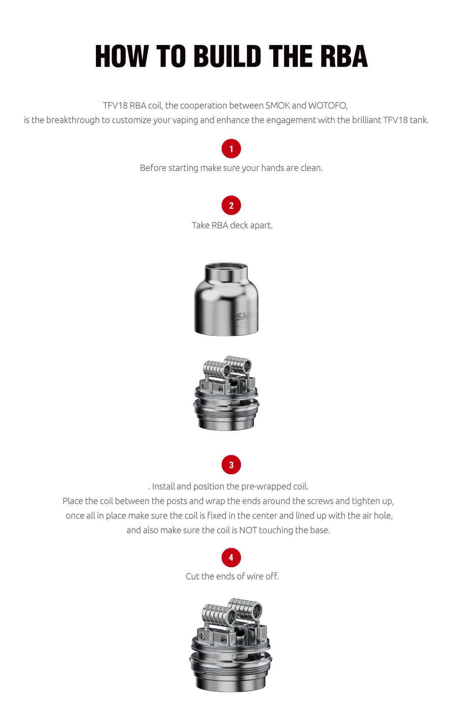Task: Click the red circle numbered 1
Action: pos(231,149)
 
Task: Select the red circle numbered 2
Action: pos(231,205)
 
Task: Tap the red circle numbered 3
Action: pos(231,465)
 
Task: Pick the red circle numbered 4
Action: pos(231,558)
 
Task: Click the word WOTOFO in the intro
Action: pos(327,105)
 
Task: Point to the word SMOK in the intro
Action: pos(277,105)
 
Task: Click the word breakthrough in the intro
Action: pos(73,120)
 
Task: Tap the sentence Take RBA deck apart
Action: pos(232,225)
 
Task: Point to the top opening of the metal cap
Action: pos(226,267)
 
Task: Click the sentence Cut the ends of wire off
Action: pos(232,576)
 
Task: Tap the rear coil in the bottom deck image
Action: pos(246,610)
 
